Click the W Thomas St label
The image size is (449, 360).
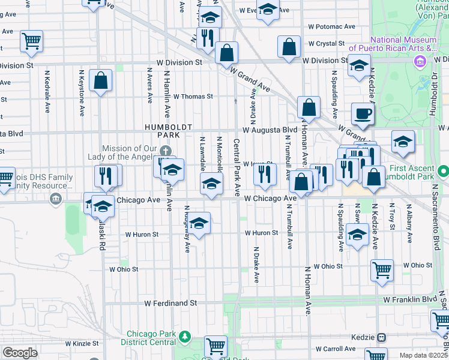coord(193,96)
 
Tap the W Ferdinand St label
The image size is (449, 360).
coord(170,304)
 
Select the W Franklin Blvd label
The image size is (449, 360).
coord(411,299)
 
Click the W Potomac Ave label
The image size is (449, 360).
coord(332,27)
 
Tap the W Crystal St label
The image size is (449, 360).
coord(326,44)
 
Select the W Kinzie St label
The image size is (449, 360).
coord(77,344)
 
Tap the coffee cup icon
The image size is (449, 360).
coord(363,113)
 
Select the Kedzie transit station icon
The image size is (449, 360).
coord(381,338)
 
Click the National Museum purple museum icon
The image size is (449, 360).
coord(420,61)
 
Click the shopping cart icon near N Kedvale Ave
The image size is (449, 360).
coord(31,41)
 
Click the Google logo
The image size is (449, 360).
coord(19,353)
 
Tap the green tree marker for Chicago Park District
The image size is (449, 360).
coord(185,335)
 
